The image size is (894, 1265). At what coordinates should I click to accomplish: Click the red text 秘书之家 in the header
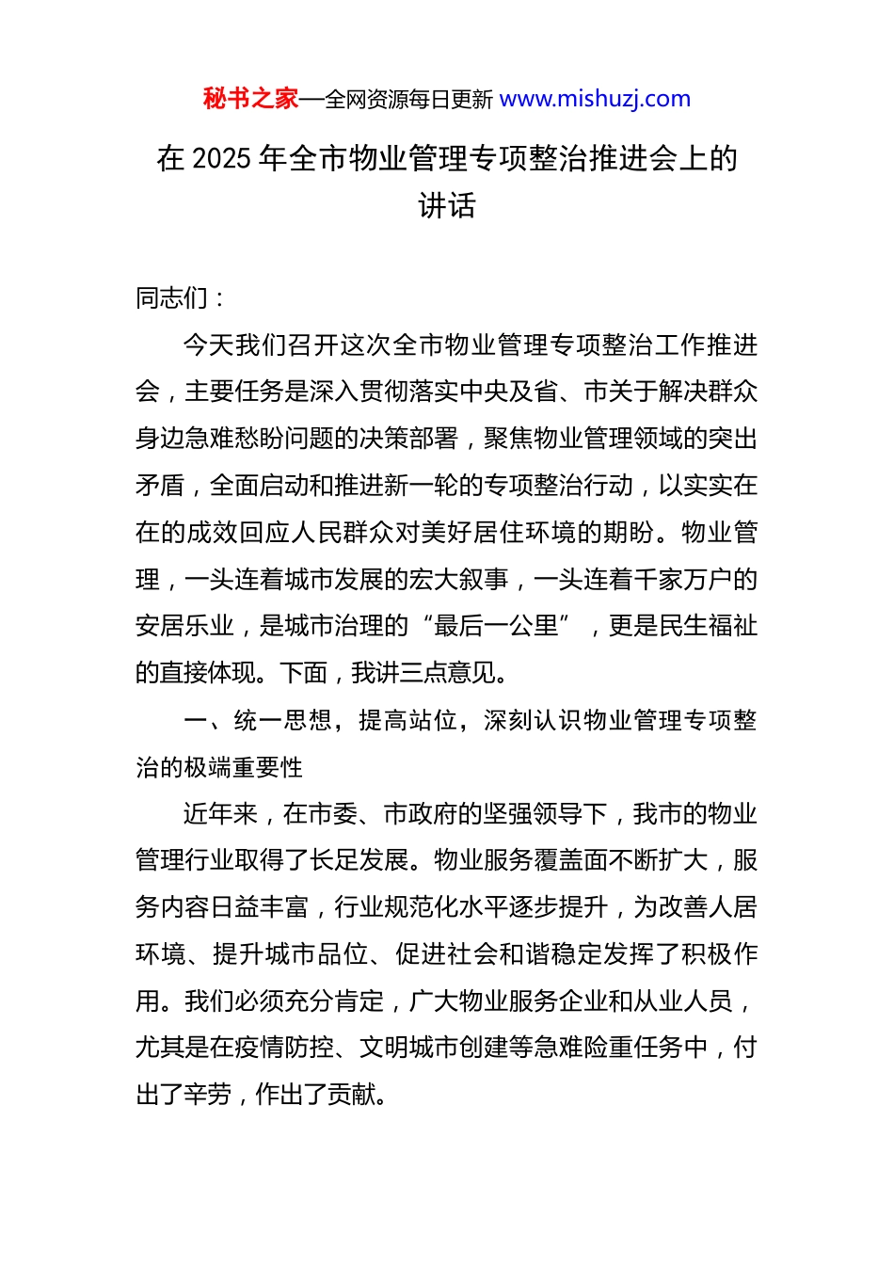click(x=250, y=99)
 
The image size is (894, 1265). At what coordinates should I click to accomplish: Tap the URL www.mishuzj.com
click(x=595, y=99)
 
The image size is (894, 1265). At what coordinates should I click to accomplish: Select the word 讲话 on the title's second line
click(x=447, y=205)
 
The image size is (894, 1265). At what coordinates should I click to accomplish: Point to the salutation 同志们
click(x=172, y=298)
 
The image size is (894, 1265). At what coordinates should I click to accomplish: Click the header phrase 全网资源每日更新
click(x=408, y=100)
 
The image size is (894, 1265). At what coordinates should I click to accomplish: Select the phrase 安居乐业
click(x=184, y=626)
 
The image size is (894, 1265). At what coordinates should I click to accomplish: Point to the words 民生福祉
click(x=708, y=626)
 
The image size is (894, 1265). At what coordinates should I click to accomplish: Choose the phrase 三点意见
click(x=447, y=673)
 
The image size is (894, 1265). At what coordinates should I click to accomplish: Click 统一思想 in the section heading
click(x=282, y=721)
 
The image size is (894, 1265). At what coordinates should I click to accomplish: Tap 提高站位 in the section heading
click(x=407, y=721)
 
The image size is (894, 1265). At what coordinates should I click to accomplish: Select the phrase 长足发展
click(x=359, y=860)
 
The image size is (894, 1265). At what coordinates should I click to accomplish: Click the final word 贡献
click(x=352, y=1095)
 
